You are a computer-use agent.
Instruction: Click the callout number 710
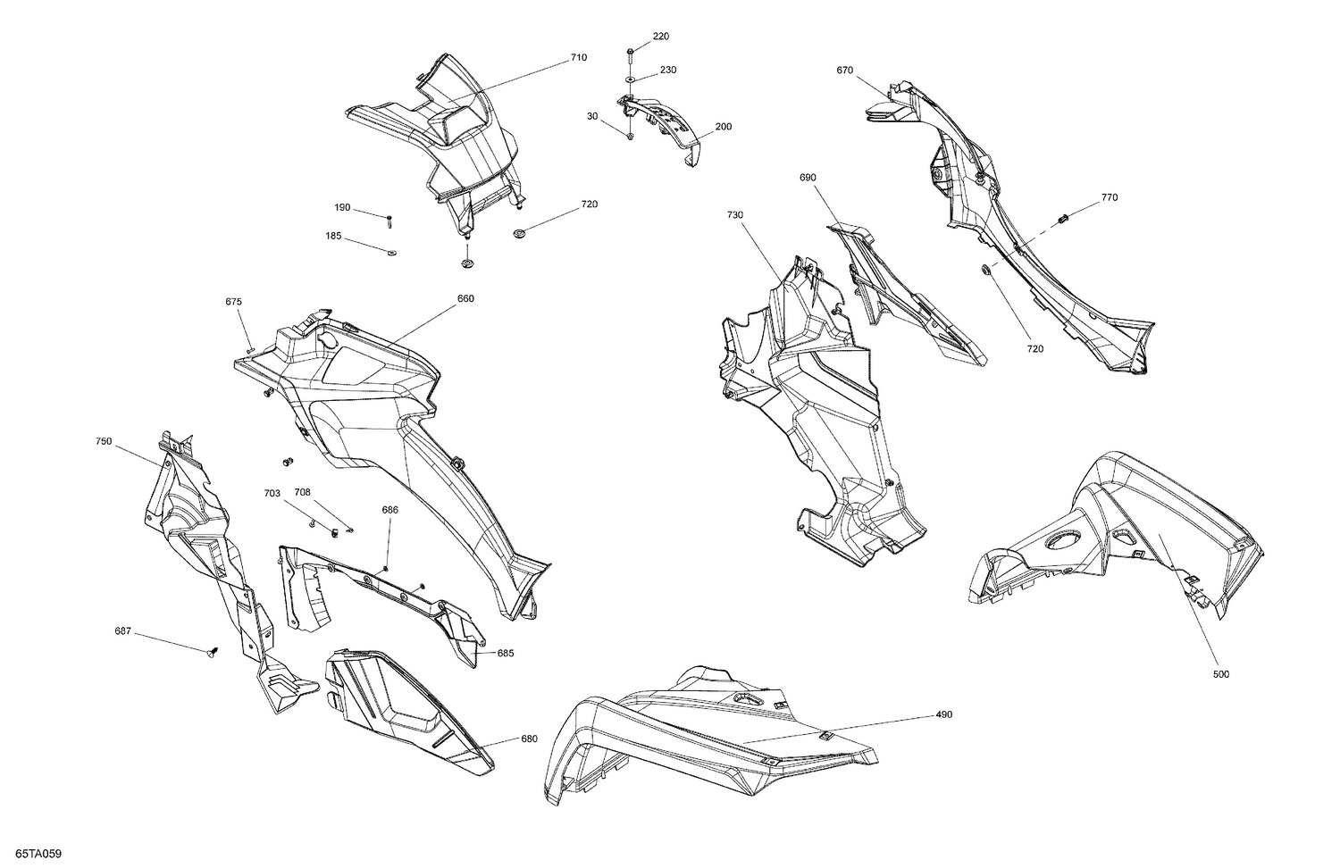[579, 58]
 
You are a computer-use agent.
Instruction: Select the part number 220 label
[660, 37]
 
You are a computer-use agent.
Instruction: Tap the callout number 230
[668, 70]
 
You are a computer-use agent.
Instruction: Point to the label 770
[1109, 197]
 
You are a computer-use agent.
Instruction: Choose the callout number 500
[1220, 674]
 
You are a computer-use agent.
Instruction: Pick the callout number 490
[944, 714]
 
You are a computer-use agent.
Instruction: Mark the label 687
[122, 631]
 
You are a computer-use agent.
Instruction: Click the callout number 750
[104, 441]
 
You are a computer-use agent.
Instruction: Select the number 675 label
[234, 302]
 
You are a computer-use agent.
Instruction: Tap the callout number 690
[808, 179]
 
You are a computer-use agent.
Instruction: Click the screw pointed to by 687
[213, 655]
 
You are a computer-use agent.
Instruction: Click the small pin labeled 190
[390, 219]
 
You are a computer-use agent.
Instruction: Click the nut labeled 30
[630, 136]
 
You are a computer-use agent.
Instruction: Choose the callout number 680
[529, 739]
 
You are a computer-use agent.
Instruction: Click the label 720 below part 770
[1034, 349]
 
